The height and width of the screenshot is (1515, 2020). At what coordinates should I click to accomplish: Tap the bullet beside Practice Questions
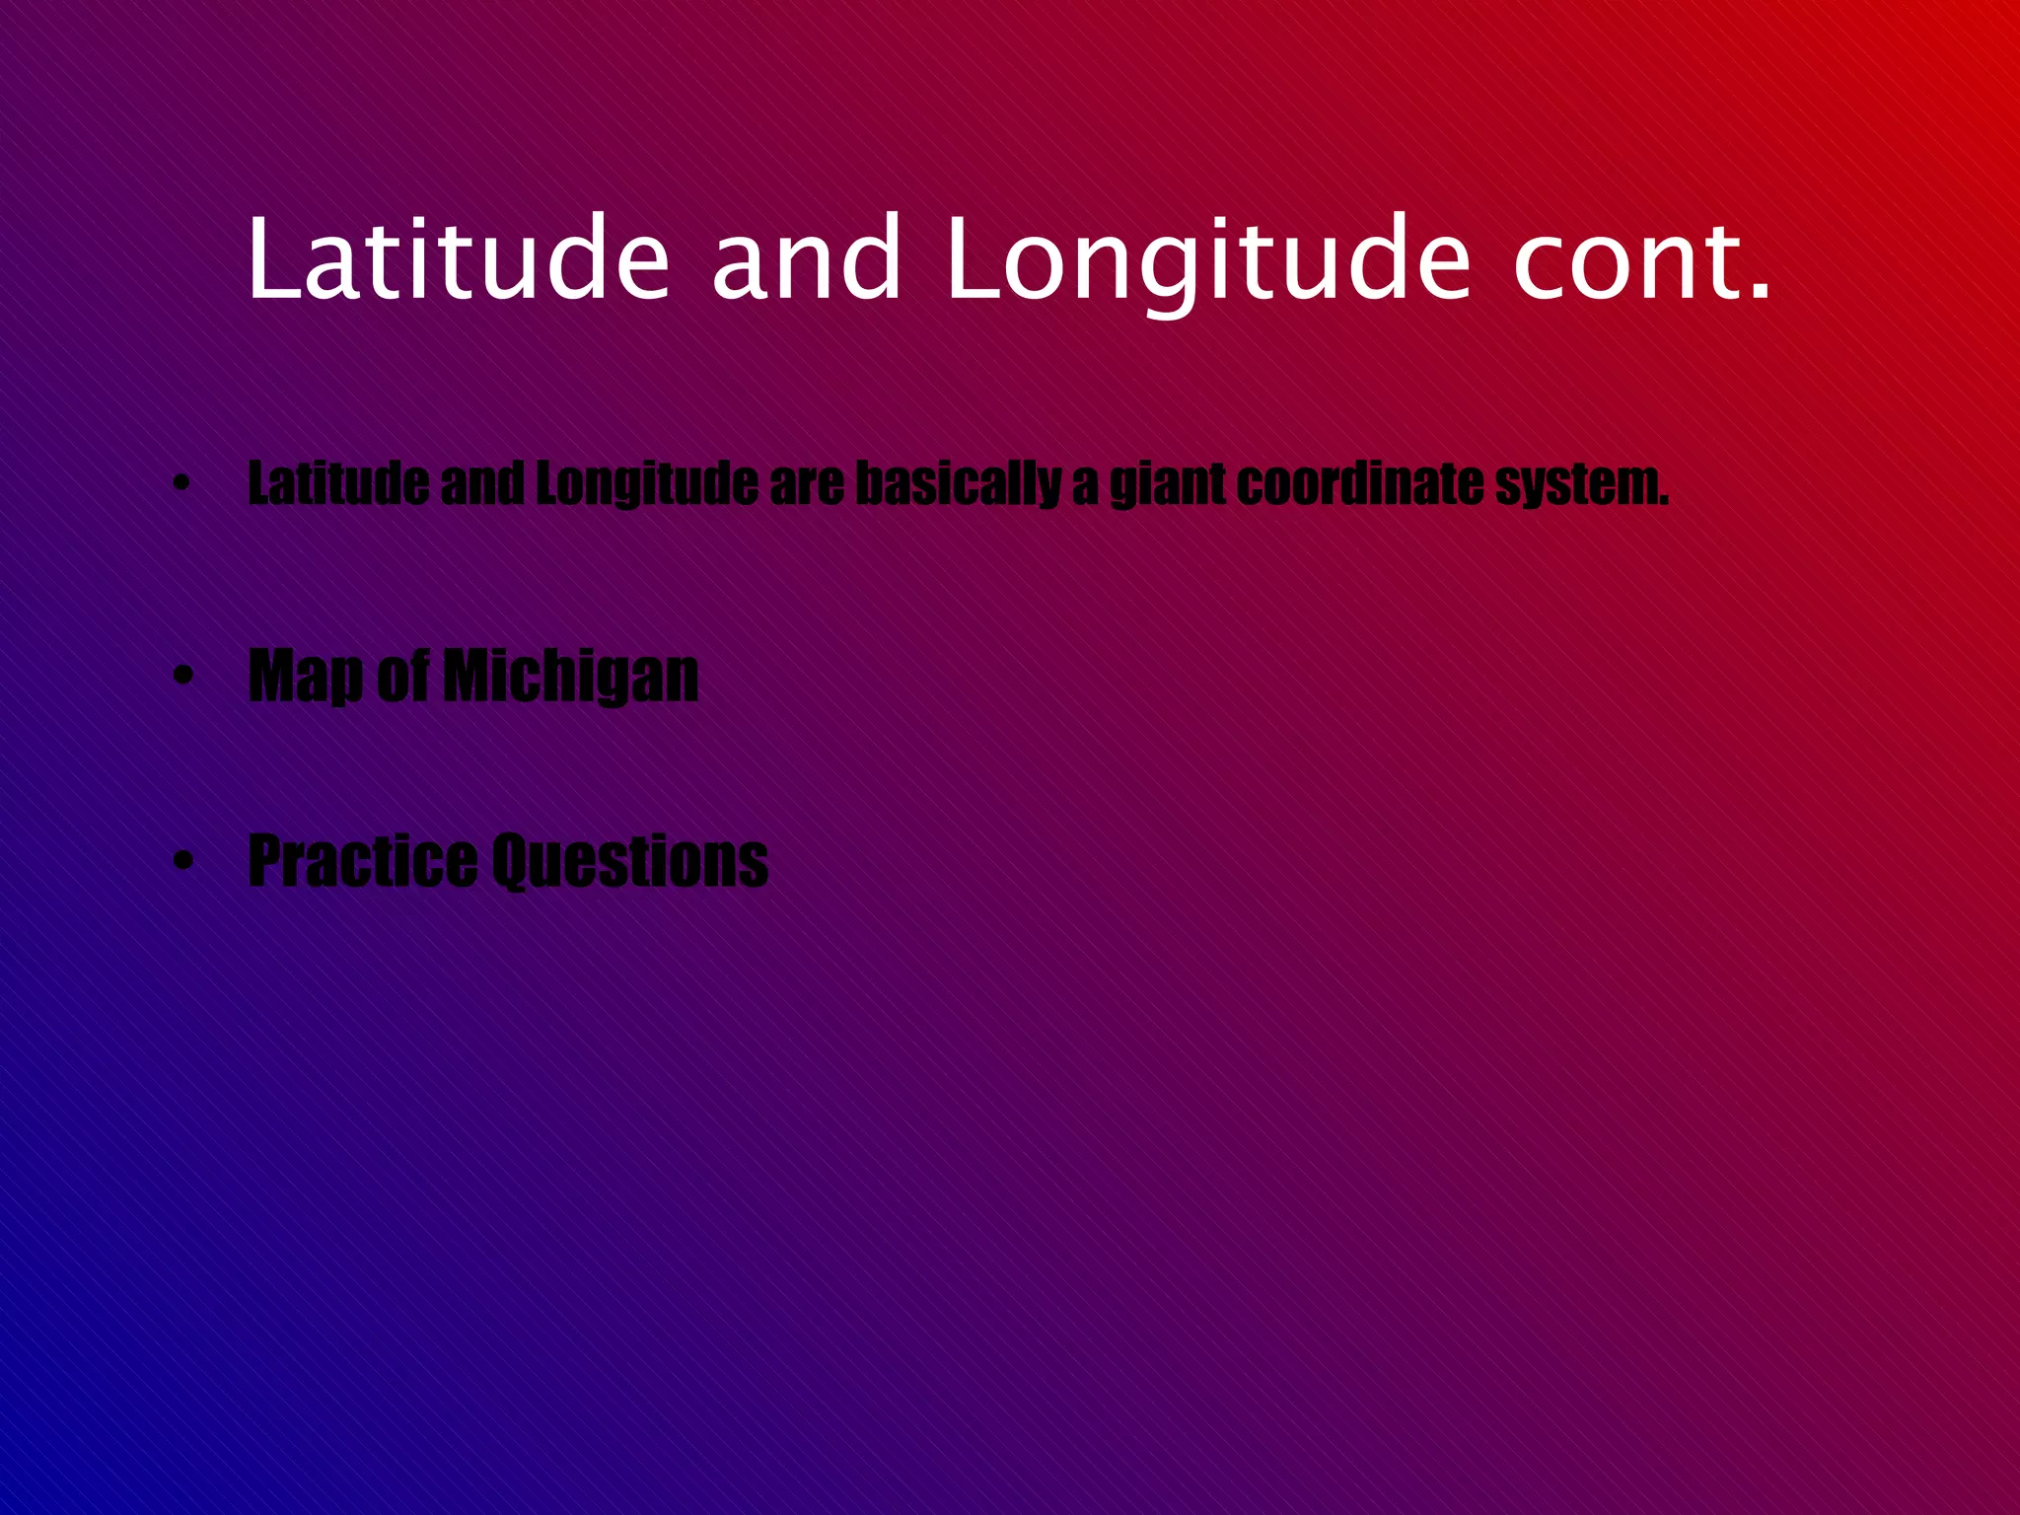(180, 861)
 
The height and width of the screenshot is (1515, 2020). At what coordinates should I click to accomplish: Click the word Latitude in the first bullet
(338, 484)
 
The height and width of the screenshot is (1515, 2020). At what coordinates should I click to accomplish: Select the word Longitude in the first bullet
(647, 484)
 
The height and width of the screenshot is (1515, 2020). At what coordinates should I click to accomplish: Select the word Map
(306, 677)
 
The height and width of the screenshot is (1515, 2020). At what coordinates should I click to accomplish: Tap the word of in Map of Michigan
(402, 677)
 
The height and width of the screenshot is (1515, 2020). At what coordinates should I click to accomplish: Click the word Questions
(629, 861)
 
